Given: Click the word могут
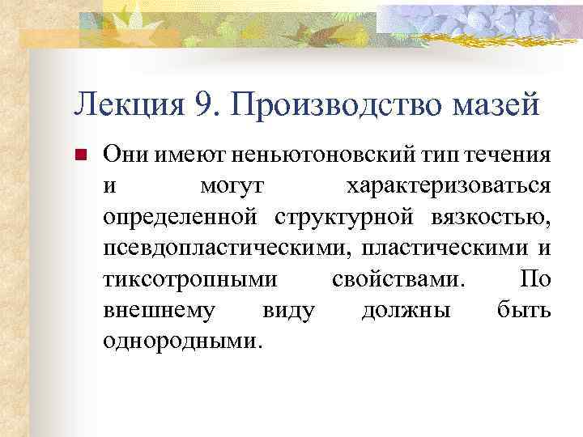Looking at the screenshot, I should [230, 186].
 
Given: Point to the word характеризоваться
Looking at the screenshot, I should [449, 186].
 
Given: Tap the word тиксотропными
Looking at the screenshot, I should [191, 279].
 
